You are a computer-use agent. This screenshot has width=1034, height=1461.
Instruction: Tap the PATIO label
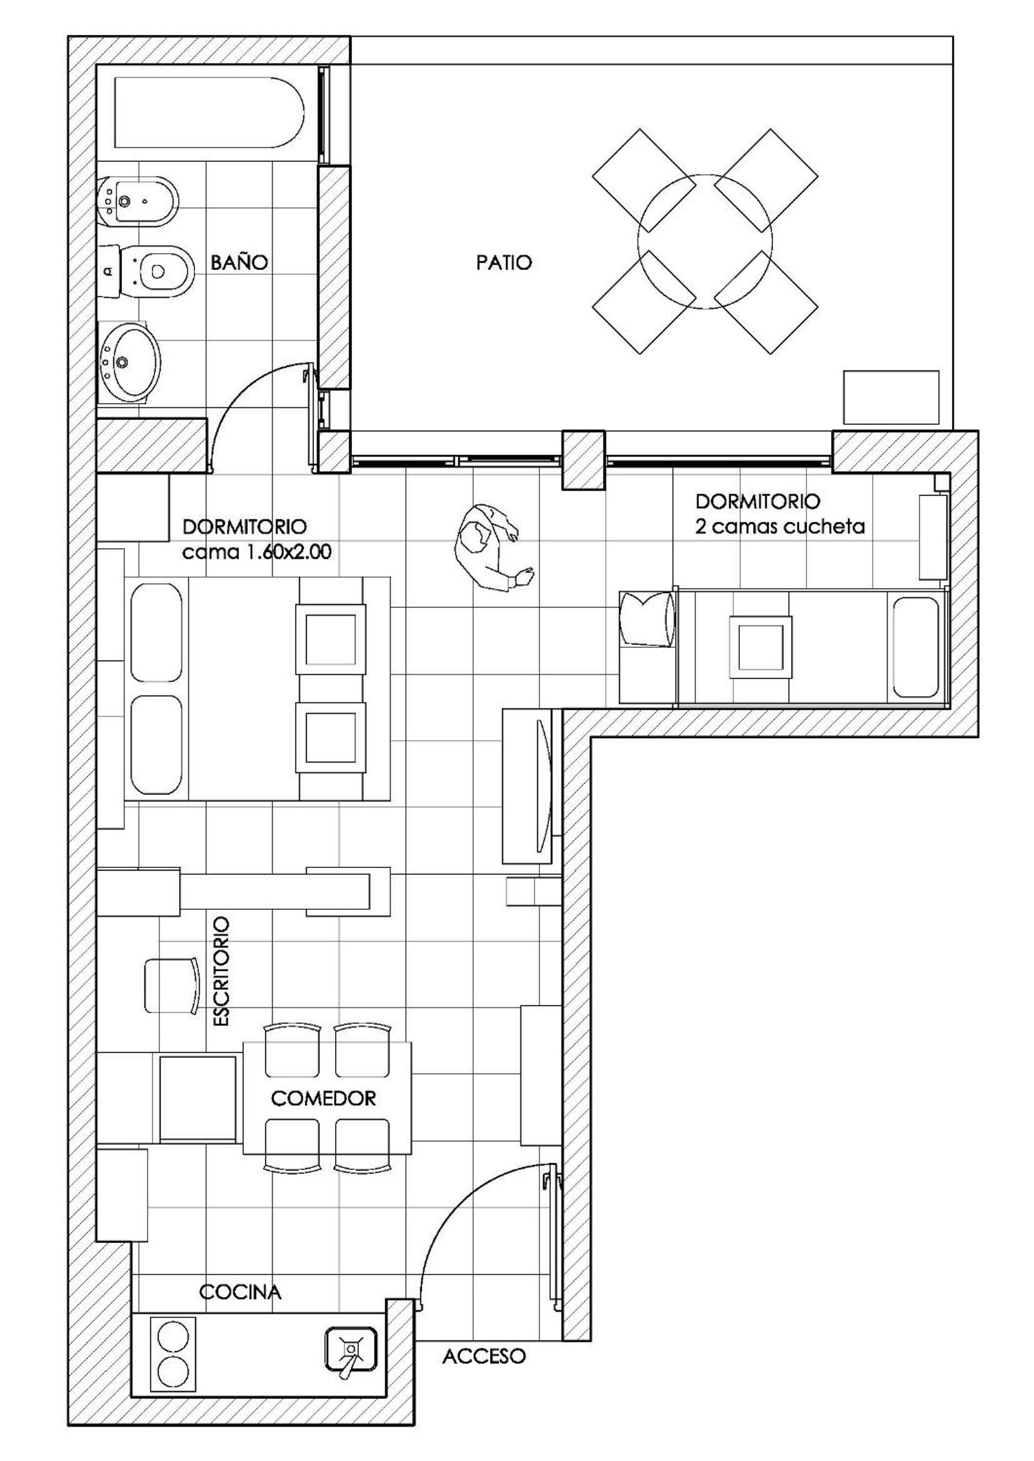pyautogui.click(x=504, y=262)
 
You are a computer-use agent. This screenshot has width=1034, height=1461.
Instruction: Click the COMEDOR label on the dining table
pyautogui.click(x=323, y=1099)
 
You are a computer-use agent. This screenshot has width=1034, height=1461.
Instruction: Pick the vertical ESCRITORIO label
pyautogui.click(x=219, y=971)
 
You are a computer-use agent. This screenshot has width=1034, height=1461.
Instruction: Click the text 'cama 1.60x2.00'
pyautogui.click(x=256, y=552)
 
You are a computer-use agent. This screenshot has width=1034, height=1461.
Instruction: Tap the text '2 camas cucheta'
pyautogui.click(x=780, y=527)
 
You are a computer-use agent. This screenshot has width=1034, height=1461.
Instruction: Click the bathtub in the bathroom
pyautogui.click(x=208, y=112)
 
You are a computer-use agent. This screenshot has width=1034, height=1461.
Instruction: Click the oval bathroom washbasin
pyautogui.click(x=129, y=362)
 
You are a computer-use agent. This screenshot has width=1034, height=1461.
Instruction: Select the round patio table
pyautogui.click(x=704, y=241)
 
